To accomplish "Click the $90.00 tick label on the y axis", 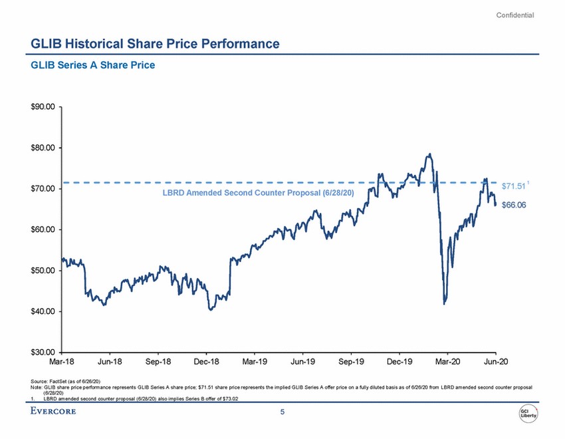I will click(x=45, y=106).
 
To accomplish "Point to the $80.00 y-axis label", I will click(x=45, y=148).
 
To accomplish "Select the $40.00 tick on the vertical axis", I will click(x=45, y=311).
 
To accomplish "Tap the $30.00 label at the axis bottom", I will click(x=45, y=352).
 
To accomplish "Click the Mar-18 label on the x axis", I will click(x=62, y=362).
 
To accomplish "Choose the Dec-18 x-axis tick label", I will click(x=206, y=362).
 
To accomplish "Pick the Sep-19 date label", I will click(x=351, y=362).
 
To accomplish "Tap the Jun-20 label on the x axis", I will click(x=495, y=362).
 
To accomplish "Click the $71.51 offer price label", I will click(x=514, y=186).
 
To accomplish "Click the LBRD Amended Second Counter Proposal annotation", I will click(x=259, y=192).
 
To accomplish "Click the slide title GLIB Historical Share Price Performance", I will click(x=155, y=44).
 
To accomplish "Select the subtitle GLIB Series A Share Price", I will click(x=93, y=65).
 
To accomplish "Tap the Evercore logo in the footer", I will click(x=53, y=412).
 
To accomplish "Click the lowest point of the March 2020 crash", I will click(x=444, y=304).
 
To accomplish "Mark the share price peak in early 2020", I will click(x=430, y=154).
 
